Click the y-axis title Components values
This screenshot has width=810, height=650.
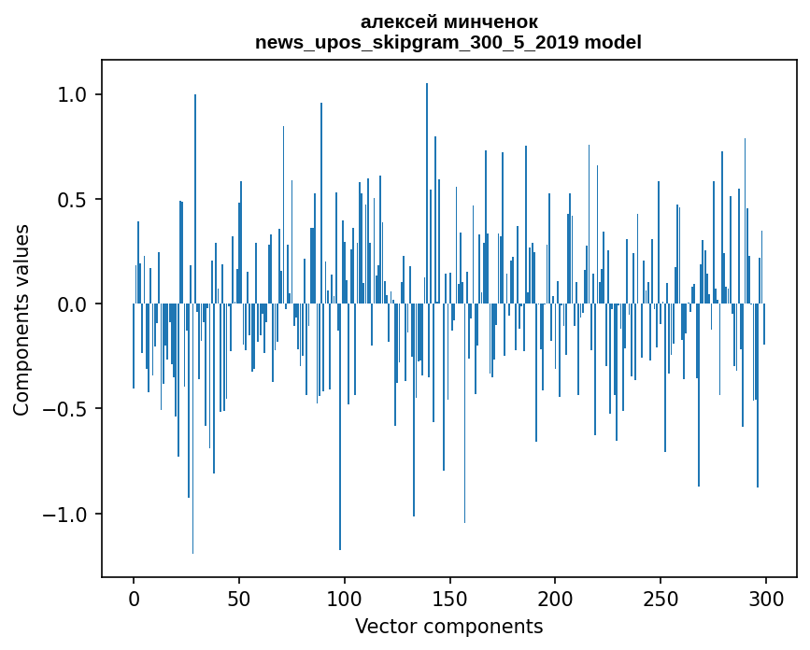21,319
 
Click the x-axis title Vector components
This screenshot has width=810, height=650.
448,626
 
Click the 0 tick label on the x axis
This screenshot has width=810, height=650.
134,599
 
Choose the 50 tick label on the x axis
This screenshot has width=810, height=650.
239,599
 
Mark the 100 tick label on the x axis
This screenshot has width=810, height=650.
345,599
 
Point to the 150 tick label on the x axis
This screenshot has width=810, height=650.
449,599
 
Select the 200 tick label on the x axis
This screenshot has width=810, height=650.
555,599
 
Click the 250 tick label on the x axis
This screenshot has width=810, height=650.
661,599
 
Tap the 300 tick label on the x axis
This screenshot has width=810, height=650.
766,599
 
